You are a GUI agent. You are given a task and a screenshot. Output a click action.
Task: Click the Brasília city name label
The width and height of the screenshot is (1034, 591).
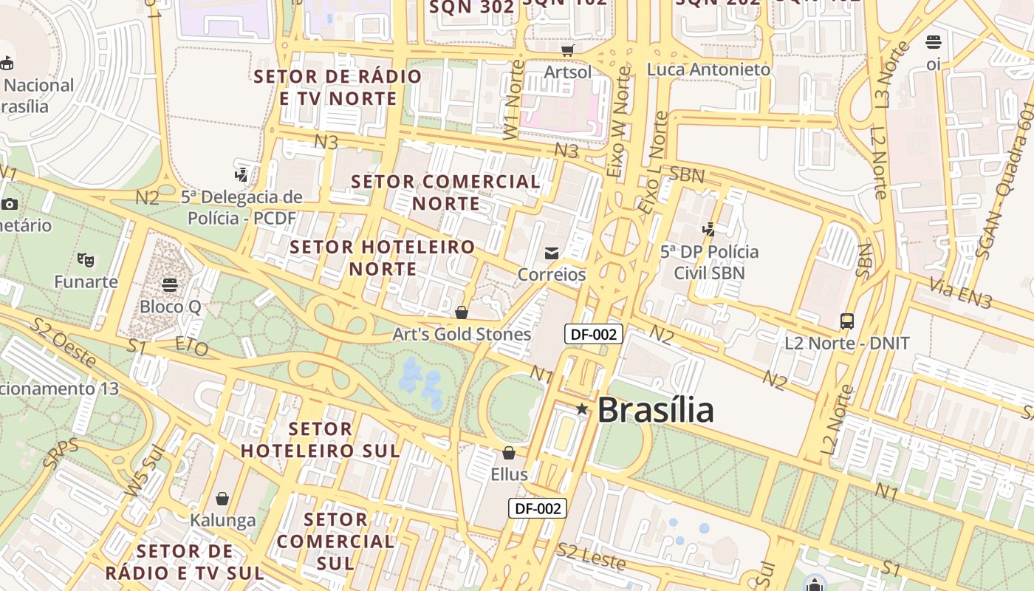tap(655, 410)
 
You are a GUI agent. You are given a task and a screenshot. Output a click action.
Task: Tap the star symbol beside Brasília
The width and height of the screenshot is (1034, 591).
tap(582, 409)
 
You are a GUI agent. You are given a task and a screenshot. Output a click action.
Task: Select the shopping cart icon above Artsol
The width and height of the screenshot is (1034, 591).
tap(567, 50)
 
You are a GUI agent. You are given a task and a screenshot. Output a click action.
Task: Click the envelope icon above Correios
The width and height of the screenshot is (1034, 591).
tap(551, 253)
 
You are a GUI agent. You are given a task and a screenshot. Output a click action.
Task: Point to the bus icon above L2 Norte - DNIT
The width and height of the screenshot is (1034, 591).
tap(847, 321)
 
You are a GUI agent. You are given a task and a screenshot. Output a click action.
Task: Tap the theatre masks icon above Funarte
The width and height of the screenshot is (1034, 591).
tap(86, 259)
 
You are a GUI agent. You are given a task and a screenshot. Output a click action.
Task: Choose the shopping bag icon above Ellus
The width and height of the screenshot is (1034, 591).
tap(509, 453)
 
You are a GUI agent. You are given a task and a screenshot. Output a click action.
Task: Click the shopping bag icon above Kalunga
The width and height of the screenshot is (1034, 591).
tap(222, 499)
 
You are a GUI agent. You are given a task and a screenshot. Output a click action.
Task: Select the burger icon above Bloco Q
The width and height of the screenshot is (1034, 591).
tap(170, 284)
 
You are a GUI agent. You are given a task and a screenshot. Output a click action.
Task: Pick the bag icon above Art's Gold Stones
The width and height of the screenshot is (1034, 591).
tap(462, 312)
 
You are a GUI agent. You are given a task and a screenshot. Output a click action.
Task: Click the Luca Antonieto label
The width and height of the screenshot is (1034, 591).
tap(708, 69)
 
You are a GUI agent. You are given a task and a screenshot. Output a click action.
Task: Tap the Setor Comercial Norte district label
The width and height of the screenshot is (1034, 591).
tap(445, 192)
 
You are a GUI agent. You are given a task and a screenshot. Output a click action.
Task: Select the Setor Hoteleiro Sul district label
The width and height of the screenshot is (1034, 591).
tap(321, 440)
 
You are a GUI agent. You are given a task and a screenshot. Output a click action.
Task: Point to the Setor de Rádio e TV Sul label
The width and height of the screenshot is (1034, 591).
tap(185, 561)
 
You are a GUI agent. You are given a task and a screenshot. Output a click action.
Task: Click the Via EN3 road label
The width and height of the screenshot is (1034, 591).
tap(960, 293)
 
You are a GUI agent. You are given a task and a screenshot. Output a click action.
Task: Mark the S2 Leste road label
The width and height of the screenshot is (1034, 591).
tap(592, 556)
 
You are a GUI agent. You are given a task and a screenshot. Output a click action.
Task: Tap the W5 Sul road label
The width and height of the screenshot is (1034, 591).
tap(144, 473)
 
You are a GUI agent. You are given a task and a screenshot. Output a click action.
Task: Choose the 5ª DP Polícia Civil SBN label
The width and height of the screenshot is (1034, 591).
tap(709, 262)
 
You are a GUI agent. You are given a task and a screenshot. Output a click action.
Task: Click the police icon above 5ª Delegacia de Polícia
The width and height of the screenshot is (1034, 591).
tap(241, 175)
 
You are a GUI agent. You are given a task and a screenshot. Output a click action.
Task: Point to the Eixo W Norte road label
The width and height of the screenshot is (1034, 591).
tap(619, 122)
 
